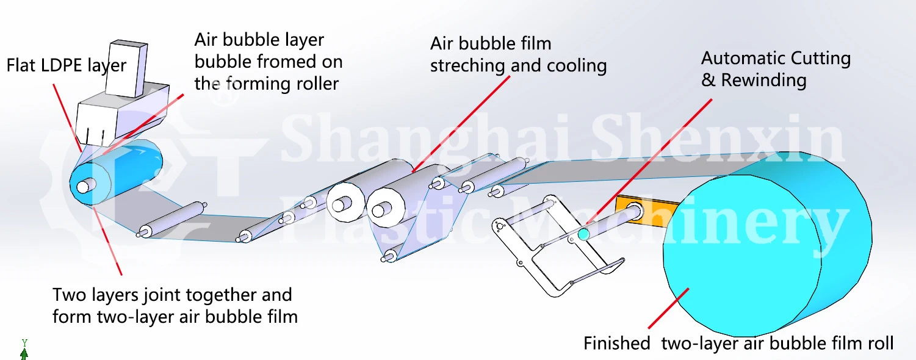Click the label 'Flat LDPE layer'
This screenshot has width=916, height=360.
[66, 65]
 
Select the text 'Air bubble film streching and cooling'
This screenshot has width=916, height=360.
[518, 54]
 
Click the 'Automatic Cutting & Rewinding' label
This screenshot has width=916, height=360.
[775, 69]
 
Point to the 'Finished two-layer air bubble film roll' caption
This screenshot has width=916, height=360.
[738, 344]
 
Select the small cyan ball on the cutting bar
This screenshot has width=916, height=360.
[583, 234]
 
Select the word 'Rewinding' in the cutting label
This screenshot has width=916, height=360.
[763, 80]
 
